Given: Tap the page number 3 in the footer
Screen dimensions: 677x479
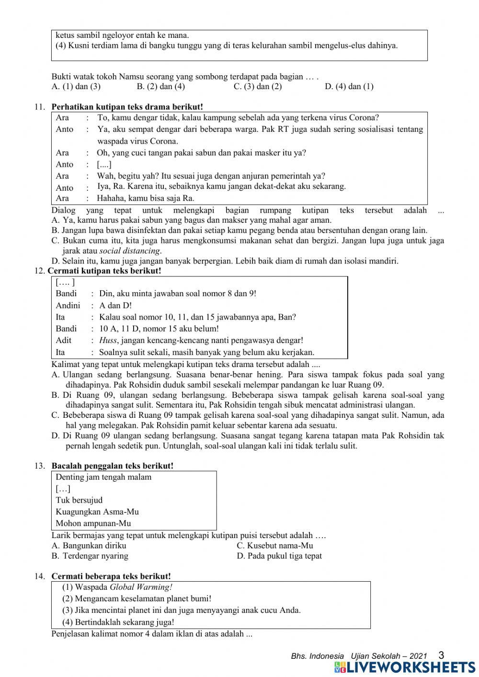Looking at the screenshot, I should point(441,655).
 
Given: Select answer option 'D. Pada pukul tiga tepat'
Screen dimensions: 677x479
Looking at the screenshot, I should point(279,556).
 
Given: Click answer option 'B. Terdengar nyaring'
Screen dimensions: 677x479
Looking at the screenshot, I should point(90,556).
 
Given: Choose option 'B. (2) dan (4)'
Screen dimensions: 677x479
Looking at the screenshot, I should point(160,87).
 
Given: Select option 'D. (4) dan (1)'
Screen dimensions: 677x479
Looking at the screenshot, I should point(349,87).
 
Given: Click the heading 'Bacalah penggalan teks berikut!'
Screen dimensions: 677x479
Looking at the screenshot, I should point(112,466).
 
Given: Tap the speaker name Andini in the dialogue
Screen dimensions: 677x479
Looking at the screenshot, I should point(68,305).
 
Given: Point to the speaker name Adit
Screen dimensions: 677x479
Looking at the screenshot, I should point(64,340).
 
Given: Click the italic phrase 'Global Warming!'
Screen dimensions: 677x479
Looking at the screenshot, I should point(141,587).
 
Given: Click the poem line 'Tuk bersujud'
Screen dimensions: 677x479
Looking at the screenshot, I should point(79,500).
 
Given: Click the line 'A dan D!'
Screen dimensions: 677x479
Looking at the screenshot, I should point(115,305).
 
